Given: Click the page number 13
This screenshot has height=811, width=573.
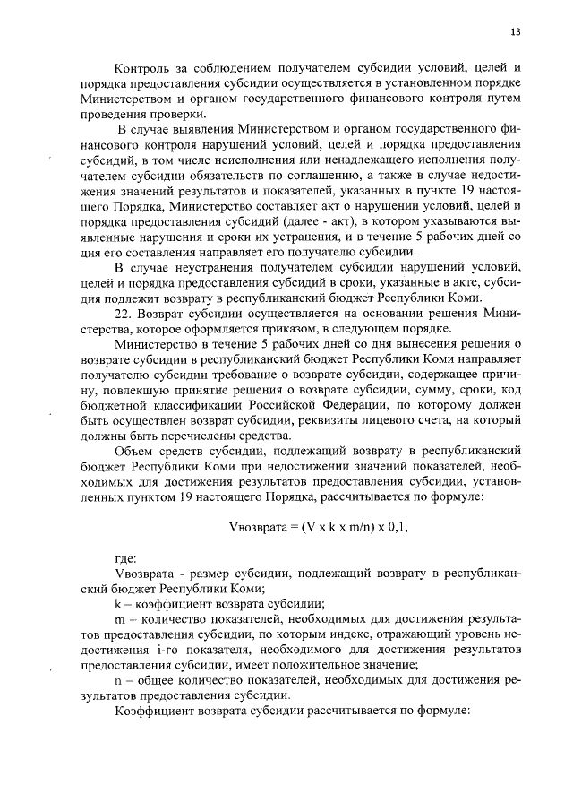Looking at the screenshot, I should click(515, 32).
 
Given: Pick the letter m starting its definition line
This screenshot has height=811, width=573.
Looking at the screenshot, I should click(119, 619).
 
